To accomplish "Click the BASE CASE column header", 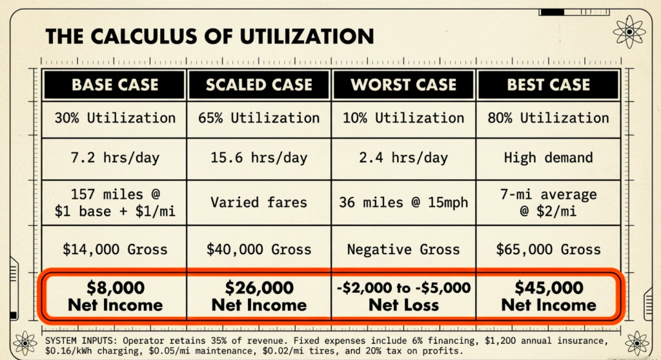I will [x=115, y=85].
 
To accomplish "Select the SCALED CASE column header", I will [x=259, y=85].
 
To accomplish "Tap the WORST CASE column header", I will [x=403, y=85].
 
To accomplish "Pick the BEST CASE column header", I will [x=548, y=85].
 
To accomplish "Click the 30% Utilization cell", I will [x=115, y=118].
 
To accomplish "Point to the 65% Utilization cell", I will [x=259, y=118].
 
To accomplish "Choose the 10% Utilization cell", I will [x=403, y=118].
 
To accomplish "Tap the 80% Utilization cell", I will [x=548, y=118].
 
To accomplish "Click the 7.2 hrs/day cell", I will [x=115, y=158].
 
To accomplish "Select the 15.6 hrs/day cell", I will [x=259, y=158].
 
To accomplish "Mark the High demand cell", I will [x=548, y=158].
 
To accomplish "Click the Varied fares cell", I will [x=259, y=202].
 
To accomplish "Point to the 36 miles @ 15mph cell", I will [x=403, y=202].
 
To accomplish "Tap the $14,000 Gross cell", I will [x=115, y=250].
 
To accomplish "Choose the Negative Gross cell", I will [x=403, y=250].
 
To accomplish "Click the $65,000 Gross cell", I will [x=548, y=250].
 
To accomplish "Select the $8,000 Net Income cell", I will [x=115, y=295].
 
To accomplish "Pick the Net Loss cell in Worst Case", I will [x=403, y=295].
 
